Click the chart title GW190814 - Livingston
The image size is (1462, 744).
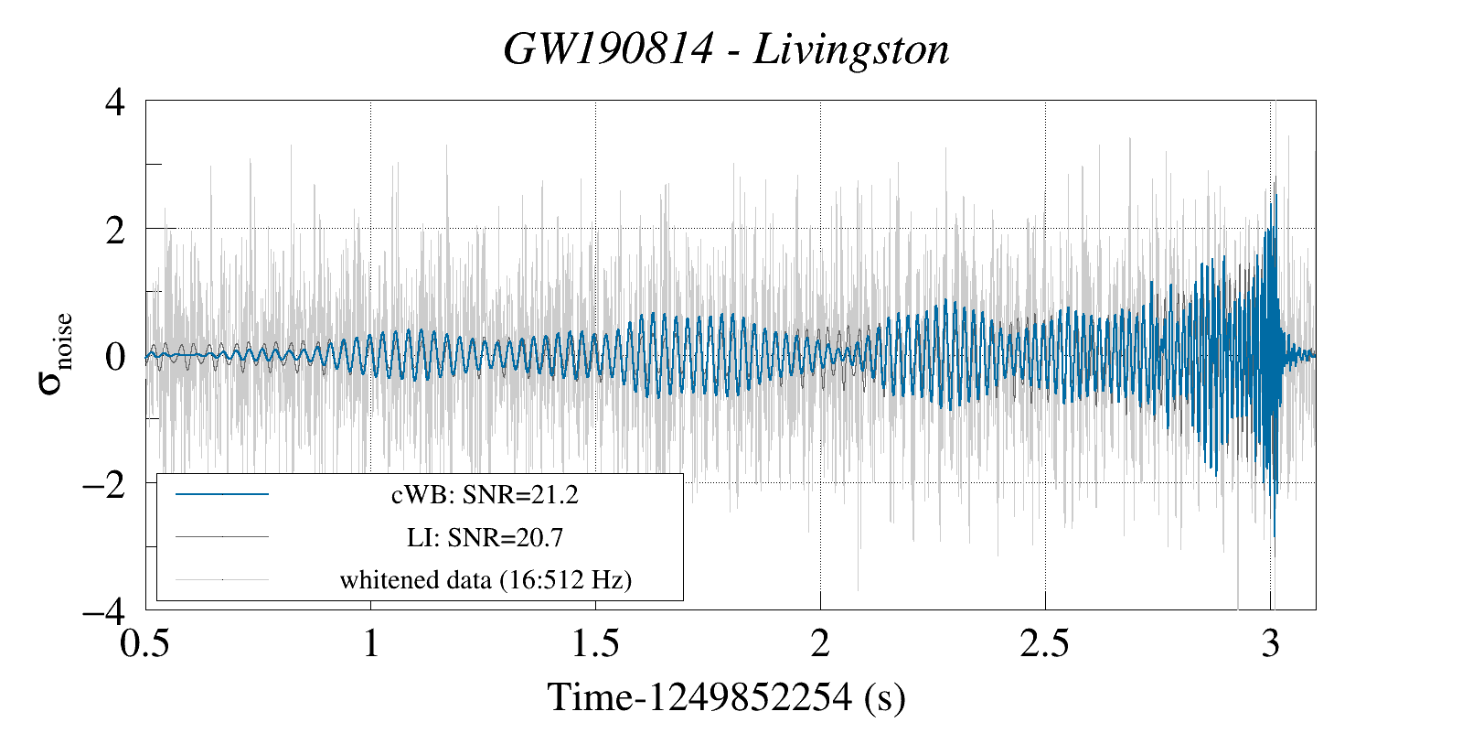pyautogui.click(x=726, y=49)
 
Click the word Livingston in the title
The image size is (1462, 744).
pyautogui.click(x=851, y=49)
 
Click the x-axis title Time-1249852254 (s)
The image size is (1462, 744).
pyautogui.click(x=726, y=697)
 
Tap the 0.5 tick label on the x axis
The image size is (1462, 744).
pyautogui.click(x=145, y=643)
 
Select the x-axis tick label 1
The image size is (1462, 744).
pyautogui.click(x=370, y=643)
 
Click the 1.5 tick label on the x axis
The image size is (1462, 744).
pyautogui.click(x=595, y=643)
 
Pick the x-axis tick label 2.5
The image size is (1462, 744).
pyautogui.click(x=1044, y=643)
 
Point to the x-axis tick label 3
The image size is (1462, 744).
pyautogui.click(x=1270, y=643)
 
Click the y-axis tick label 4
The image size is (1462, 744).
pyautogui.click(x=115, y=102)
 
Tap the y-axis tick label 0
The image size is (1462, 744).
pyautogui.click(x=115, y=356)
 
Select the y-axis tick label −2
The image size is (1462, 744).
pyautogui.click(x=103, y=483)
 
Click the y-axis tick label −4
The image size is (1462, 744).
pyautogui.click(x=103, y=609)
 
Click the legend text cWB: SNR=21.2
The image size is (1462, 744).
pyautogui.click(x=485, y=495)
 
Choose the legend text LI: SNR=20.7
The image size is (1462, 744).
pyautogui.click(x=485, y=537)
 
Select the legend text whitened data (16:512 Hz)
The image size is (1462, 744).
pyautogui.click(x=486, y=579)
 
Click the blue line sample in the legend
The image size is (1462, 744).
pyautogui.click(x=222, y=494)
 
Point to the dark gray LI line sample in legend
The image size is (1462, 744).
pyautogui.click(x=222, y=536)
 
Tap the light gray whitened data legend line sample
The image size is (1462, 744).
pyautogui.click(x=222, y=578)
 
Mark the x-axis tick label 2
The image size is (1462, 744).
pyautogui.click(x=820, y=643)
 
